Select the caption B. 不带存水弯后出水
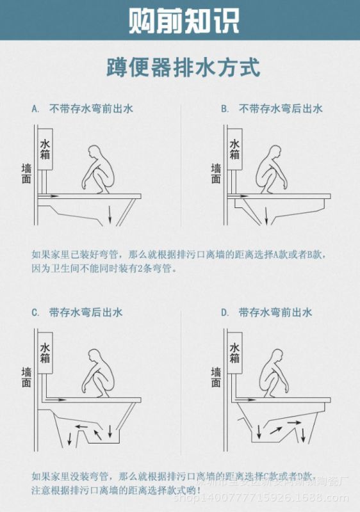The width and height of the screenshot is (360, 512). tap(272, 109)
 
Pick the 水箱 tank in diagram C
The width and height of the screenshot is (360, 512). tap(45, 354)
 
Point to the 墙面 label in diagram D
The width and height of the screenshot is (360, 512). tap(216, 378)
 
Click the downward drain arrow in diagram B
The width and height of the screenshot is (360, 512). tap(267, 215)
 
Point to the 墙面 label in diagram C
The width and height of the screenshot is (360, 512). tap(26, 378)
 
